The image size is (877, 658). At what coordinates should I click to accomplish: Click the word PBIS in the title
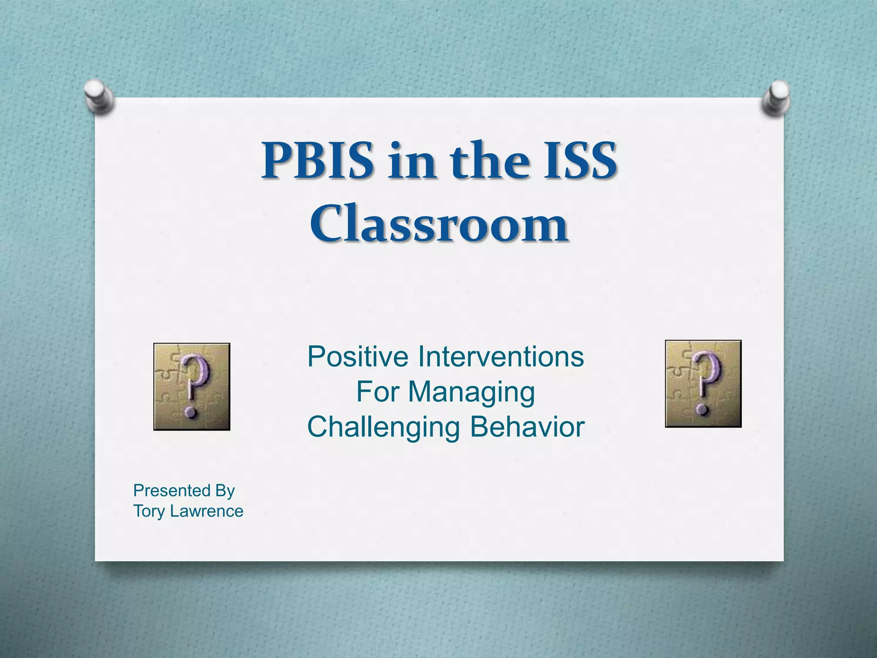pos(318,161)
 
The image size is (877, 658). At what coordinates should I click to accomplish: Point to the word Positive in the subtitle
pos(358,356)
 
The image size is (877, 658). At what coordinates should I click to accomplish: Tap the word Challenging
pos(383,428)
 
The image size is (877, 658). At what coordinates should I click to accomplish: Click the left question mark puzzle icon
pos(192,386)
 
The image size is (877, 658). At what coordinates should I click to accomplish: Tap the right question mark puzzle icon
pos(703,384)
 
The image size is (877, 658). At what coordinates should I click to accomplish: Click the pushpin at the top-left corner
pos(99,97)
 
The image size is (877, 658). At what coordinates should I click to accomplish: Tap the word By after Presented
pos(225,491)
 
